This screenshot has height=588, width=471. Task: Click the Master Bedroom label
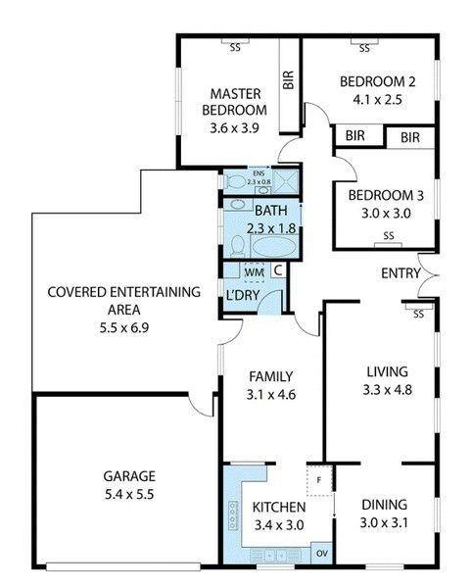(235, 102)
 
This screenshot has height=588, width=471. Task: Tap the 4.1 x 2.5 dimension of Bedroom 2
(377, 100)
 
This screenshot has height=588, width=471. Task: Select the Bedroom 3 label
(386, 195)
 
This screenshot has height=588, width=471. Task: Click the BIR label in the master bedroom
(288, 80)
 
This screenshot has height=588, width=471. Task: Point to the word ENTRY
(400, 273)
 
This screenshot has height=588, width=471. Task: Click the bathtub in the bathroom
(273, 247)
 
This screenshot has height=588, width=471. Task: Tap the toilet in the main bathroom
(237, 246)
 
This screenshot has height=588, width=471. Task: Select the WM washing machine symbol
(254, 271)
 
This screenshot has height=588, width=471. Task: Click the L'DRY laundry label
(243, 295)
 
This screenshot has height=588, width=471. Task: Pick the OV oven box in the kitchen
(322, 553)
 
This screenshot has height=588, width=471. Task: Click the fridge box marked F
(319, 480)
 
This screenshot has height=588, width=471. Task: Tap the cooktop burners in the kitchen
(233, 515)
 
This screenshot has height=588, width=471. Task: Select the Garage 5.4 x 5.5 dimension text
(129, 494)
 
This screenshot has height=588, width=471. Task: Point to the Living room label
(387, 371)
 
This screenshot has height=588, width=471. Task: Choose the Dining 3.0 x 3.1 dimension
(384, 522)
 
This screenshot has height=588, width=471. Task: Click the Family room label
(271, 376)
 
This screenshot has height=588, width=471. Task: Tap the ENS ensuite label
(259, 173)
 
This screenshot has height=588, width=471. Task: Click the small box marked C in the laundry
(278, 270)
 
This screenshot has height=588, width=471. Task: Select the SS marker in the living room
(418, 314)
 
